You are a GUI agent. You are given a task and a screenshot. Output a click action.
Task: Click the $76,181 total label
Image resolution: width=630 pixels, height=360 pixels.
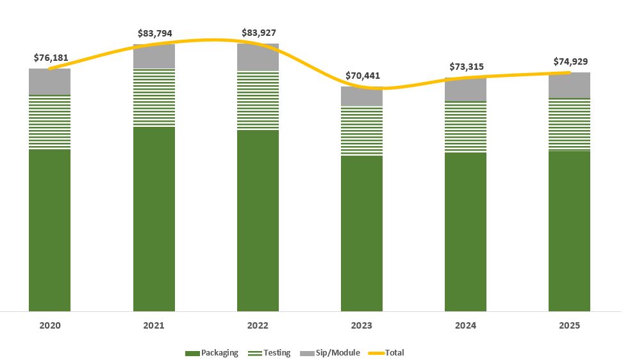51,58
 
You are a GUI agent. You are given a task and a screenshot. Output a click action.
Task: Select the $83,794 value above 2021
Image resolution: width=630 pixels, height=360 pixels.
154,33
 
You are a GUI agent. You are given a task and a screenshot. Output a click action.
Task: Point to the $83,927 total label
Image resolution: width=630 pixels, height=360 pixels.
258,32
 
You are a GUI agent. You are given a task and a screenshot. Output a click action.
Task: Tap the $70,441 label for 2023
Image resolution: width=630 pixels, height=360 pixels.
363,76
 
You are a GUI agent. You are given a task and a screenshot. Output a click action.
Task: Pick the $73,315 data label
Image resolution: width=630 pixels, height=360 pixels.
466,67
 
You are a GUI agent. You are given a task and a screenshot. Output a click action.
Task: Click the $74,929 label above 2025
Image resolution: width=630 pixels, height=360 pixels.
570,61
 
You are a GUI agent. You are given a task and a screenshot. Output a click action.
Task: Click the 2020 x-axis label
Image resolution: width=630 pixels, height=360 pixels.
50,325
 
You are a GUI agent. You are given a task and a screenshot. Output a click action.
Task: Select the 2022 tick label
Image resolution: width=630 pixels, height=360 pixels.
258,325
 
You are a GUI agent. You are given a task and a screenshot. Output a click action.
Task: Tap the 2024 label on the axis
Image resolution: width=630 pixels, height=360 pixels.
465,325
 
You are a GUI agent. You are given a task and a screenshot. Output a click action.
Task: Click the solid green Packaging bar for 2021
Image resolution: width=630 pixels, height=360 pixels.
154,218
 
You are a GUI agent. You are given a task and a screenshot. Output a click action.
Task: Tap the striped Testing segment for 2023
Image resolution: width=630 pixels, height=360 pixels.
362,131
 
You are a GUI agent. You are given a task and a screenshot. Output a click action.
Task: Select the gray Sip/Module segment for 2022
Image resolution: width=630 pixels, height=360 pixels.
258,58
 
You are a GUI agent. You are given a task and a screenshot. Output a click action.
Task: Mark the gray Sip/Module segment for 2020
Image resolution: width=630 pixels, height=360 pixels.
50,81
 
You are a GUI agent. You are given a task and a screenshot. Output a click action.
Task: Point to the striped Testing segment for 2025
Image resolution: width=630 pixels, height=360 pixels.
570,124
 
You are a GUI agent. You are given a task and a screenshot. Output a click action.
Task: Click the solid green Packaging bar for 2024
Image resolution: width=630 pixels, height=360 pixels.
466,231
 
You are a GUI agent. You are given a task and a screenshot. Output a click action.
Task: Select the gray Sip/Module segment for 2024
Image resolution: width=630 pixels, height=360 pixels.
466,90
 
